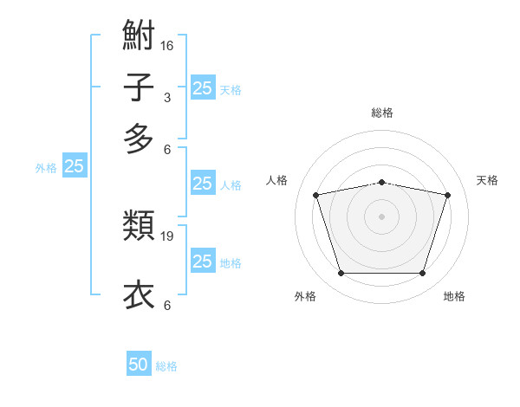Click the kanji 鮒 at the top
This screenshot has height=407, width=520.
pyautogui.click(x=139, y=35)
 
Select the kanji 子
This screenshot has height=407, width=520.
pyautogui.click(x=139, y=87)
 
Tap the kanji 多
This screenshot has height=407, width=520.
pyautogui.click(x=139, y=139)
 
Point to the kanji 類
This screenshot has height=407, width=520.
pyautogui.click(x=139, y=225)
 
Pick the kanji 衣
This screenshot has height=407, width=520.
pyautogui.click(x=139, y=294)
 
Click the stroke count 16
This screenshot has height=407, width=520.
pyautogui.click(x=166, y=46)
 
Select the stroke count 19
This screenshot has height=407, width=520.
pyautogui.click(x=166, y=236)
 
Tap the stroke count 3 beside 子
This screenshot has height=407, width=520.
pyautogui.click(x=167, y=98)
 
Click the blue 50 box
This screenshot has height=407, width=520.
pyautogui.click(x=139, y=363)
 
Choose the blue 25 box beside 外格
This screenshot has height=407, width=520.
pyautogui.click(x=75, y=165)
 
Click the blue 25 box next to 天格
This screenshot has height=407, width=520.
pyautogui.click(x=203, y=87)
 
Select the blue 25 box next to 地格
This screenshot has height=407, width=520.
pyautogui.click(x=203, y=260)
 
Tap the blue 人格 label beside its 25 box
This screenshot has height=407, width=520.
pyautogui.click(x=231, y=185)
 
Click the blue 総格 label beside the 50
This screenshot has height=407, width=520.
pyautogui.click(x=166, y=366)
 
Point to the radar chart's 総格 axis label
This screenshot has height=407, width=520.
pyautogui.click(x=382, y=113)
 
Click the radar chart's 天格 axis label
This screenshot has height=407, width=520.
pyautogui.click(x=487, y=180)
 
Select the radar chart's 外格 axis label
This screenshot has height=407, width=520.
pyautogui.click(x=305, y=296)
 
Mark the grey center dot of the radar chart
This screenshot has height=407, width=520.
pyautogui.click(x=381, y=216)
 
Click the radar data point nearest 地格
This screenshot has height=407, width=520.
pyautogui.click(x=422, y=274)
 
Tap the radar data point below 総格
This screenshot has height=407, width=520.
pyautogui.click(x=381, y=183)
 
